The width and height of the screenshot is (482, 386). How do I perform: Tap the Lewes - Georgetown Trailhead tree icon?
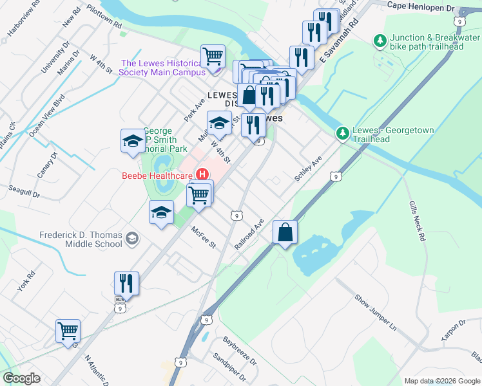coord(342,133)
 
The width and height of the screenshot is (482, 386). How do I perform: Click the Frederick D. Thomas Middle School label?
coord(81,239)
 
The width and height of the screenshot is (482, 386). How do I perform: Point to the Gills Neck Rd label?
coord(417,220)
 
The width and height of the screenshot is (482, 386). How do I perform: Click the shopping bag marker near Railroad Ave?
coord(285,233)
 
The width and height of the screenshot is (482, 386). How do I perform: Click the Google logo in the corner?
coord(21,378)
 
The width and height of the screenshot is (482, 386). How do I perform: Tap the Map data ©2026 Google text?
coord(441,381)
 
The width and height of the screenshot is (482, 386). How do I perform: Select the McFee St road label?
coord(202,236)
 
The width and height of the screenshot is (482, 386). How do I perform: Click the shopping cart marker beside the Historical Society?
coord(213,56)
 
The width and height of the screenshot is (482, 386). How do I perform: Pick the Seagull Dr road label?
coord(24,190)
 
